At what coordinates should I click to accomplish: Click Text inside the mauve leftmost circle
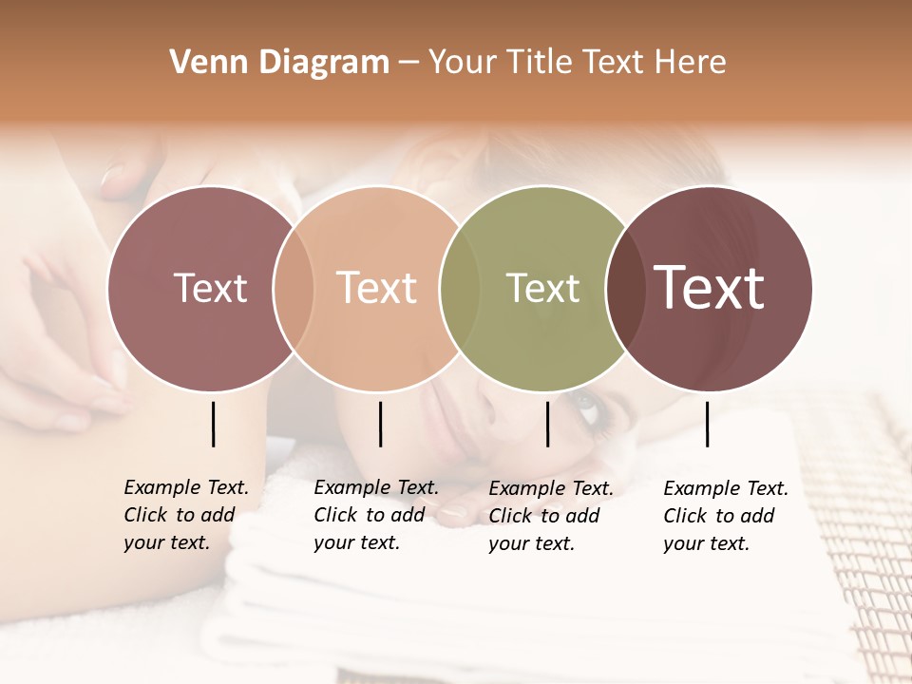[x=210, y=288]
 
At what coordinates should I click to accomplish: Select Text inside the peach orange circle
[x=377, y=288]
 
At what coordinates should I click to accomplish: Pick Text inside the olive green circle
[x=542, y=288]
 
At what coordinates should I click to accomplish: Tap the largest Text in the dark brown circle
[x=710, y=288]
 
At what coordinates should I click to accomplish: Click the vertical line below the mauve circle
[x=213, y=424]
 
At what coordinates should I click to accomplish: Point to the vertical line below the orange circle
[x=380, y=424]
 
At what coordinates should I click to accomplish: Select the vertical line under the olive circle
[x=548, y=424]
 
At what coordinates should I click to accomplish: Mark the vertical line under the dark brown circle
[x=708, y=424]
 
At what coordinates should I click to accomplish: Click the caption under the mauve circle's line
[x=185, y=515]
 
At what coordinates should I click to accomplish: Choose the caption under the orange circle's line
[x=375, y=515]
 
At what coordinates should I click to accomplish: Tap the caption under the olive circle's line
[x=550, y=516]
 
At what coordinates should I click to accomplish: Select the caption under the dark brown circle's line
[x=725, y=516]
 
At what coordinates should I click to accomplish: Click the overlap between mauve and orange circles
[x=294, y=288]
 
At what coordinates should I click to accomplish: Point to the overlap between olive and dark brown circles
[x=625, y=288]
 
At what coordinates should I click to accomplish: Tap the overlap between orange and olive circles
[x=460, y=288]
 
